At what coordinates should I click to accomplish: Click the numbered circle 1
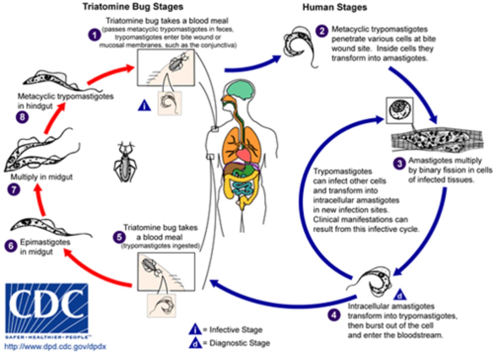(x=94, y=35)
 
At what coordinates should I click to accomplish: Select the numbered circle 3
(x=399, y=164)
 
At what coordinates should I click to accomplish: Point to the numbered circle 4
(x=334, y=314)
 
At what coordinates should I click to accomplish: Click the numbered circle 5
(x=119, y=237)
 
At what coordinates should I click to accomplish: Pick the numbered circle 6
(x=11, y=246)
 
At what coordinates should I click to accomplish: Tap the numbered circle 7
(x=14, y=189)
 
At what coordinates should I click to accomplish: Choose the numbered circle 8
(x=22, y=117)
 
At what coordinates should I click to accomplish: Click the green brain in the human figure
(x=242, y=90)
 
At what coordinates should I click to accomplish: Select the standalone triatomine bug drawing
(x=125, y=163)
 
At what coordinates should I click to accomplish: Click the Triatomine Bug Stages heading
(x=133, y=7)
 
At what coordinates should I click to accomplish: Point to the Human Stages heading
(x=334, y=8)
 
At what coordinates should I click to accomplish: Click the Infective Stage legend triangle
(x=195, y=330)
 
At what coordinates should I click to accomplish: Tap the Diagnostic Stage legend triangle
(x=195, y=343)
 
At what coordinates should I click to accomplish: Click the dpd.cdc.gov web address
(x=55, y=347)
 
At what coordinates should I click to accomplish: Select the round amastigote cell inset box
(x=399, y=110)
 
